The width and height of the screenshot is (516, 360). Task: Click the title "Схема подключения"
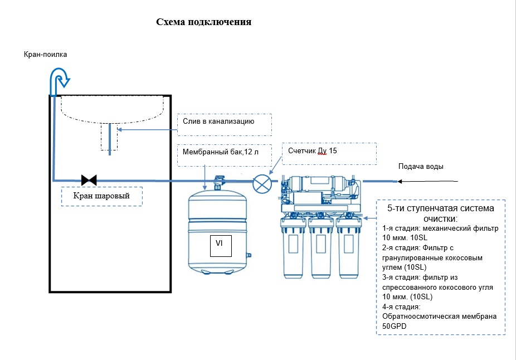click(204, 22)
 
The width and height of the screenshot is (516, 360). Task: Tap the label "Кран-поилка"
click(45, 54)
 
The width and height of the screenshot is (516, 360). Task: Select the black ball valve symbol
click(89, 181)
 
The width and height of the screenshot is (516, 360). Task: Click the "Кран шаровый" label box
click(101, 197)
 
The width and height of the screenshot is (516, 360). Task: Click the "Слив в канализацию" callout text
click(218, 121)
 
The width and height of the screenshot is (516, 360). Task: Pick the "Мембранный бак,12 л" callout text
click(221, 152)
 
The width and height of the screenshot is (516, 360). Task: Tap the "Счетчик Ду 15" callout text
click(312, 150)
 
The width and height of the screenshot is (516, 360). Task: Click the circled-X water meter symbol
click(262, 183)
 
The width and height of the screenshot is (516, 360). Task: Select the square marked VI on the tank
click(221, 246)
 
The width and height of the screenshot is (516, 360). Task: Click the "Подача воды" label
click(421, 167)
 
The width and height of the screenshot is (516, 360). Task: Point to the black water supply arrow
click(427, 181)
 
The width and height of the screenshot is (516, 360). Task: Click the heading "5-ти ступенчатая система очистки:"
click(441, 213)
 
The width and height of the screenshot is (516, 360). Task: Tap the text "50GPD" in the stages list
click(394, 326)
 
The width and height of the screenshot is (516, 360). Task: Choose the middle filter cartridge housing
click(321, 247)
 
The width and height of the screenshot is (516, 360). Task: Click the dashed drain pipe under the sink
click(109, 137)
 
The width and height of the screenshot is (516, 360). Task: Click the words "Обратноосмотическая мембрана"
click(439, 317)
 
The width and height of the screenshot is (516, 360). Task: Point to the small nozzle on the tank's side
click(249, 255)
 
